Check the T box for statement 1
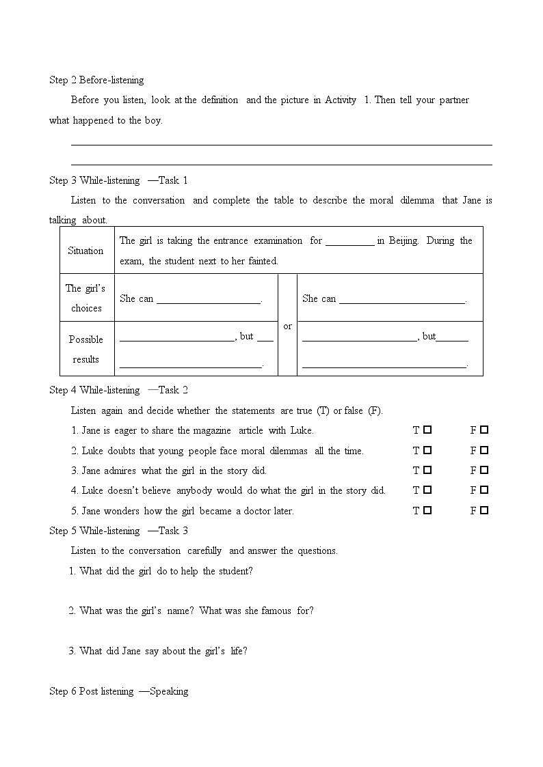pyautogui.click(x=427, y=430)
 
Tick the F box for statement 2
pyautogui.click(x=484, y=451)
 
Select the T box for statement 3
pyautogui.click(x=427, y=471)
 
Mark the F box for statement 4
pyautogui.click(x=484, y=490)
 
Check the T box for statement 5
pyautogui.click(x=427, y=510)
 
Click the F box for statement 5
pyautogui.click(x=484, y=510)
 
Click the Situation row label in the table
pyautogui.click(x=85, y=251)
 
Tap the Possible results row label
pyautogui.click(x=86, y=349)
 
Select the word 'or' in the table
pyautogui.click(x=287, y=326)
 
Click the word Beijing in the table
pyautogui.click(x=403, y=240)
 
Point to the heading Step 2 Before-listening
pyautogui.click(x=96, y=80)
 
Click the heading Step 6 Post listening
pyautogui.click(x=118, y=691)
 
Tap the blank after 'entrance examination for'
pyautogui.click(x=349, y=241)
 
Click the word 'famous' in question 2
pyautogui.click(x=275, y=611)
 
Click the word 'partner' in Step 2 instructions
pyautogui.click(x=453, y=100)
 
